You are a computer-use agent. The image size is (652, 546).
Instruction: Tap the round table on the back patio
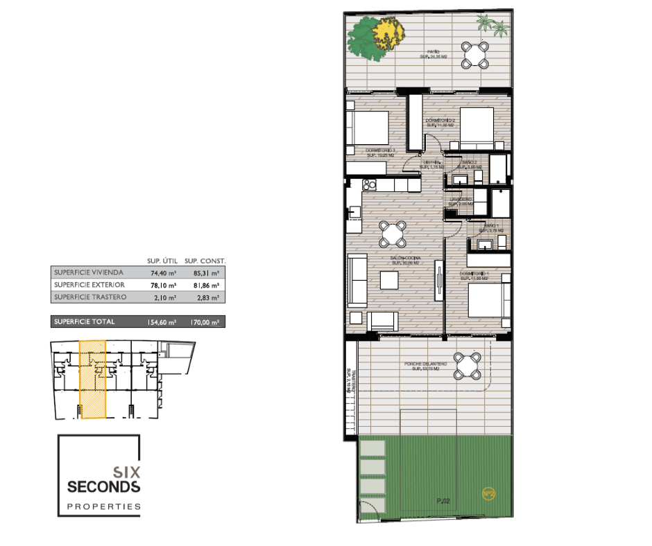tap(475, 55)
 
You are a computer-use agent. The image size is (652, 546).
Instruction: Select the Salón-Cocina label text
tap(406, 260)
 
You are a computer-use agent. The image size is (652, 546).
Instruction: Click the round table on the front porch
tap(467, 365)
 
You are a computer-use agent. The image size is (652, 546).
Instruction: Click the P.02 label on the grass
tap(443, 501)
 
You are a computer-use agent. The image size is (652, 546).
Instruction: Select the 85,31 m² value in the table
tap(205, 272)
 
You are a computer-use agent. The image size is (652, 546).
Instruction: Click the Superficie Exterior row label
tap(89, 285)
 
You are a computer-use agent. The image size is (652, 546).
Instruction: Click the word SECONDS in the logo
tap(104, 486)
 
